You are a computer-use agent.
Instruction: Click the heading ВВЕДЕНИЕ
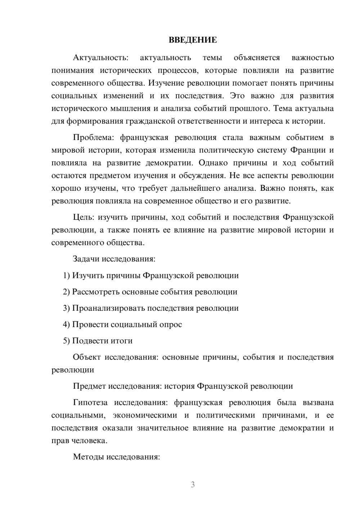pyautogui.click(x=193, y=40)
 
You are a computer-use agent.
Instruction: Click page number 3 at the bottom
pyautogui.click(x=193, y=485)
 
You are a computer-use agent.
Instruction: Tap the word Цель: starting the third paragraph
pyautogui.click(x=84, y=217)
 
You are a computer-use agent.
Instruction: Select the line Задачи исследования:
pyautogui.click(x=114, y=259)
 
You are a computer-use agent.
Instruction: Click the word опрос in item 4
pyautogui.click(x=170, y=324)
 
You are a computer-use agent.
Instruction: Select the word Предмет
pyautogui.click(x=89, y=386)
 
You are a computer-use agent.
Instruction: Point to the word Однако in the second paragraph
pyautogui.click(x=213, y=163)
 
